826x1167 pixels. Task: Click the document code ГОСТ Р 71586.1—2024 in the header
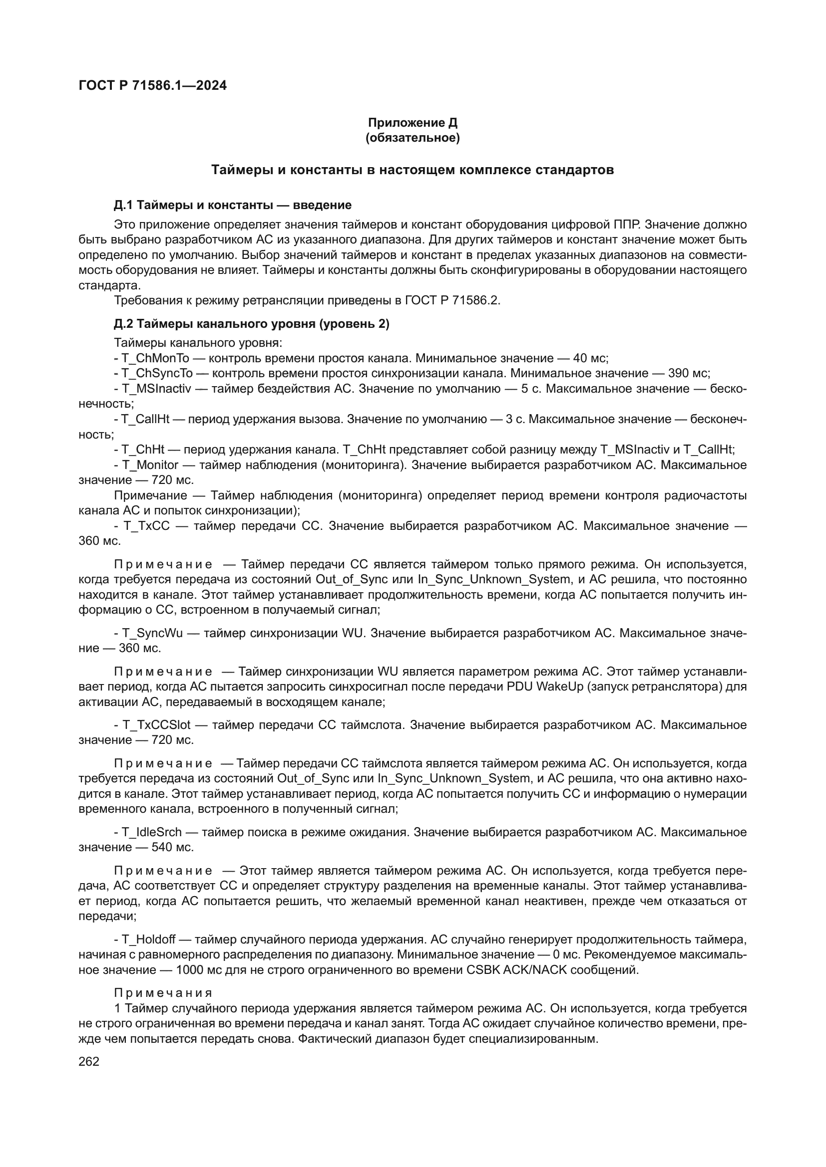point(153,85)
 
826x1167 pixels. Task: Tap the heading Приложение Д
point(413,123)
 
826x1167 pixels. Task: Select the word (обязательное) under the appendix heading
point(413,138)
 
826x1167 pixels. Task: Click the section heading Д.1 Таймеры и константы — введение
point(232,206)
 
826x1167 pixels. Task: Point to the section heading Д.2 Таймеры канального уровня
point(251,324)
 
